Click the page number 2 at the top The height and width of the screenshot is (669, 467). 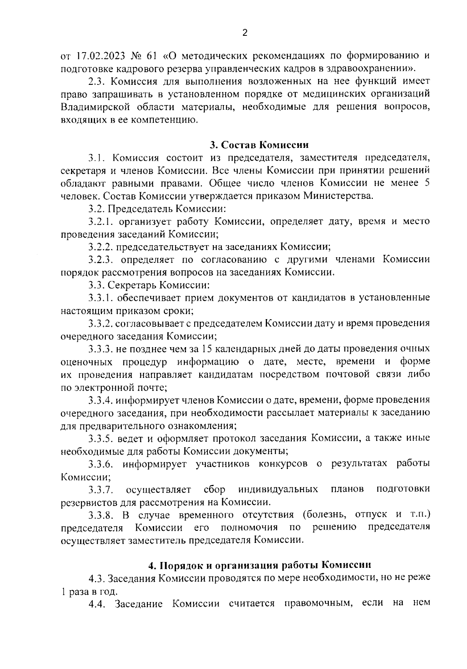[x=244, y=33]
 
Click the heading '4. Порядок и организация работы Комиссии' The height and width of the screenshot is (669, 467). [x=260, y=565]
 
